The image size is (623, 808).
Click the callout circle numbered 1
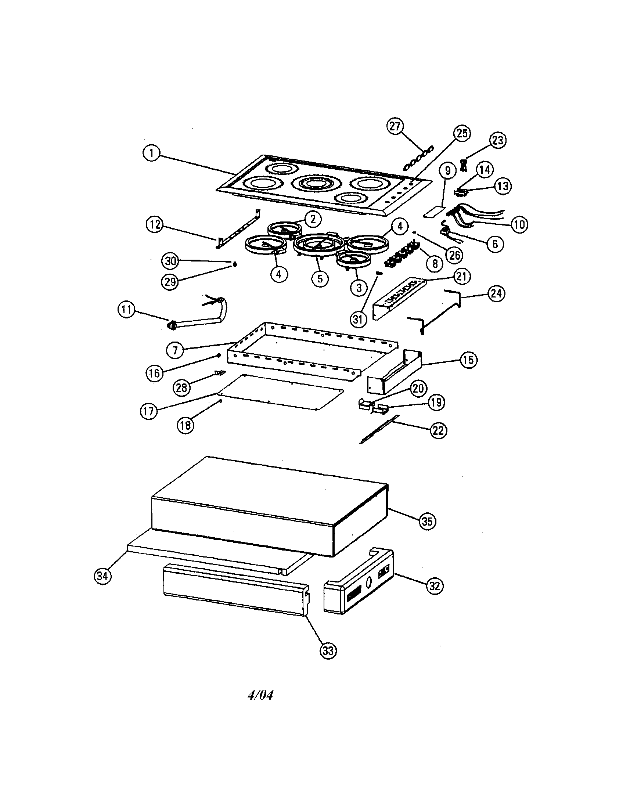click(151, 153)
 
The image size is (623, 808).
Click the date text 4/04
click(260, 695)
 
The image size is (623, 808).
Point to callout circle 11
click(126, 310)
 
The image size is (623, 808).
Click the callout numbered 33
click(328, 650)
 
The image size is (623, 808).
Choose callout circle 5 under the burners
click(320, 278)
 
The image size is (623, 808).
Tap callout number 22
click(438, 431)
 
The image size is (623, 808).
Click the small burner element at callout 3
click(353, 260)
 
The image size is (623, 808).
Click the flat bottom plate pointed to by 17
click(281, 392)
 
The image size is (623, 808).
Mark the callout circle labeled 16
click(154, 373)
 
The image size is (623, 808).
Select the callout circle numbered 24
click(496, 293)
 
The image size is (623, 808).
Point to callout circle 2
click(313, 219)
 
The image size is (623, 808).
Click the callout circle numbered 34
click(103, 576)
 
